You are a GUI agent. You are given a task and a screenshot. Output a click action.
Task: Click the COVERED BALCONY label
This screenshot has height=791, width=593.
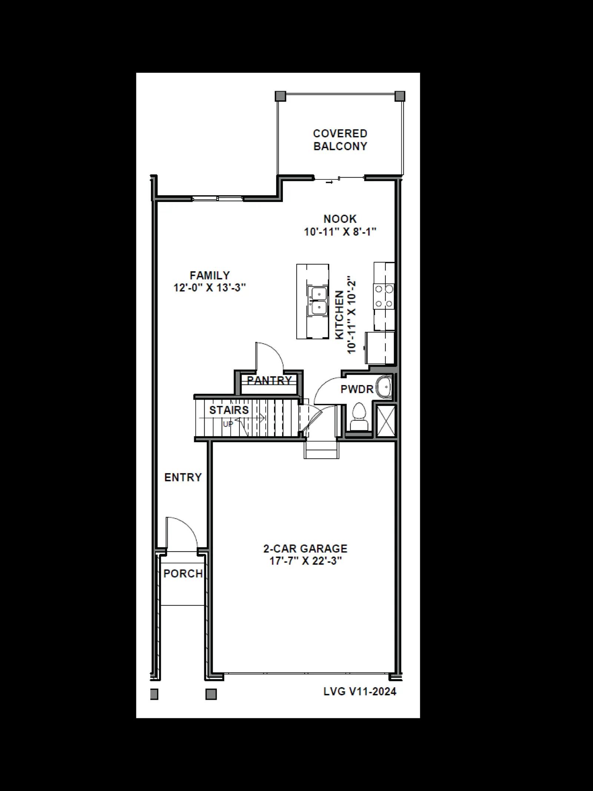340,140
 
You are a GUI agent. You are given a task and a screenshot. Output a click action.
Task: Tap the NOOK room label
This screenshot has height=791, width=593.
340,219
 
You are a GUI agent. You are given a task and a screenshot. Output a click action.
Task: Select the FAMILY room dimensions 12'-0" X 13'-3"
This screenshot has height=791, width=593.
210,288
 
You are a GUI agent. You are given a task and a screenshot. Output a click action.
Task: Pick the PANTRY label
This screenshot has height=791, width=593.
269,380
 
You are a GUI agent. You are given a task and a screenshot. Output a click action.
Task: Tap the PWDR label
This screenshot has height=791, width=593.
357,389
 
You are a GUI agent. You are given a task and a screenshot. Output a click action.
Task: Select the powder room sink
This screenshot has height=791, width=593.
385,387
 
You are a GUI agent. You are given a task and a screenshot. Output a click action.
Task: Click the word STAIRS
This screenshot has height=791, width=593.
229,410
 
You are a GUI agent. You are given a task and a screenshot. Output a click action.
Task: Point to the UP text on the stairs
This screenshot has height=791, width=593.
228,424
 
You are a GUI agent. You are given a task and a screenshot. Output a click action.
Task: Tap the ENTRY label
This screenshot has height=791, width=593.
183,477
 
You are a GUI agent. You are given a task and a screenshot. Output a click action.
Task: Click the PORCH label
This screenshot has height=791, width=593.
183,574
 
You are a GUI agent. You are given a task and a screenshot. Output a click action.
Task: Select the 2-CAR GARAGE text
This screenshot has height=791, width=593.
305,549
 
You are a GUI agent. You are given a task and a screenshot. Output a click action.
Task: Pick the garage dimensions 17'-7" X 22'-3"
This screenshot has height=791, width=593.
305,561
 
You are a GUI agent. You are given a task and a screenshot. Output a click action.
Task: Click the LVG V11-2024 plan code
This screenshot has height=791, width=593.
360,692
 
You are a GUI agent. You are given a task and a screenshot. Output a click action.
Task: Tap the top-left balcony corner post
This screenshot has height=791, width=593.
281,96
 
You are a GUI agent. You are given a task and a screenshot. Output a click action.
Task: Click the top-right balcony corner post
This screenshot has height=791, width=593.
400,96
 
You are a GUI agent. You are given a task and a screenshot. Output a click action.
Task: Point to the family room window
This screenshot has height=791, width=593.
218,199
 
